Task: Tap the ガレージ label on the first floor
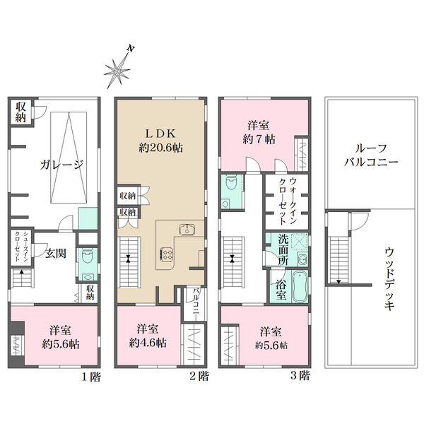click(62, 165)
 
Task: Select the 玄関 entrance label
click(55, 254)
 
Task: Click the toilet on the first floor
click(87, 257)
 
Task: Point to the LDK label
click(161, 134)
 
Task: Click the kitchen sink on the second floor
click(187, 229)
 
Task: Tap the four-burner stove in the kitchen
click(167, 254)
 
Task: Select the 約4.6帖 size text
click(148, 343)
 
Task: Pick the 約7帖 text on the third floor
click(259, 139)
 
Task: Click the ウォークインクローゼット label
click(288, 201)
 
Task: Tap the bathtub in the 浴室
click(300, 286)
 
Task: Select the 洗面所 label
click(283, 249)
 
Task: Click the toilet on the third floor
click(232, 183)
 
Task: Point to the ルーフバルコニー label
click(371, 155)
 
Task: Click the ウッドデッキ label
click(389, 279)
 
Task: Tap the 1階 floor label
click(91, 377)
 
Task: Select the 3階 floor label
click(300, 375)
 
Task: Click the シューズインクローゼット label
click(20, 246)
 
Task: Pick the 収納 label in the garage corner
click(20, 112)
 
